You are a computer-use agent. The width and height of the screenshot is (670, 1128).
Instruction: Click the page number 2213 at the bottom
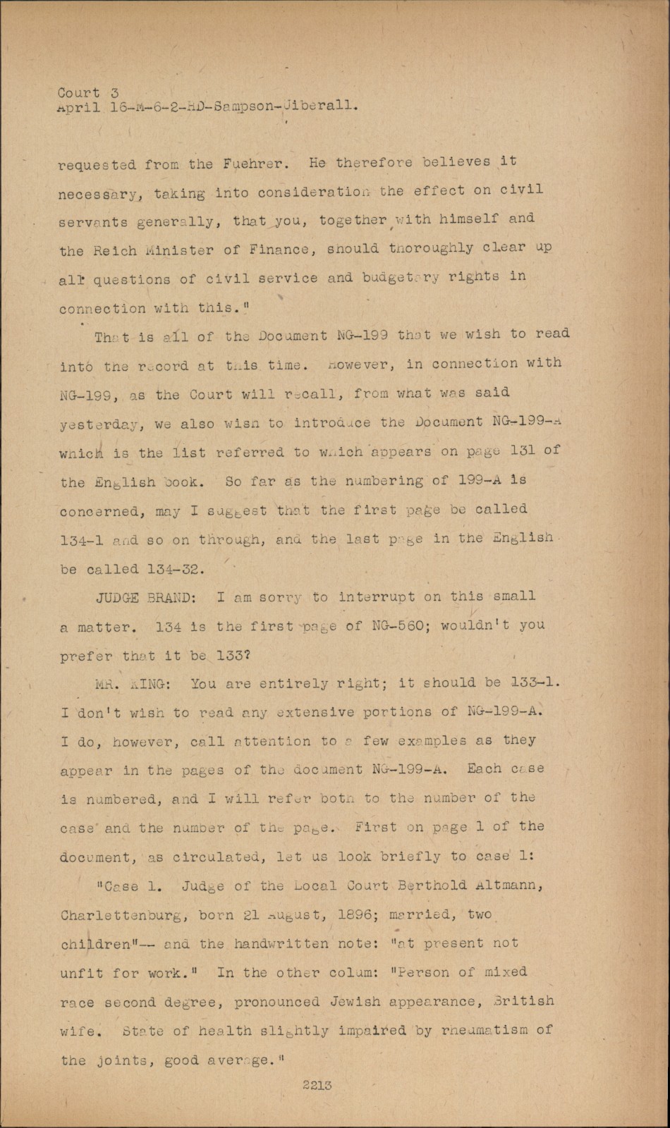317,1086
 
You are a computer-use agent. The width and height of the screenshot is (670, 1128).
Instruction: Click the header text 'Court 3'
88,92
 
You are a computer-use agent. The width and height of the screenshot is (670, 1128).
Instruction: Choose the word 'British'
525,1000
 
